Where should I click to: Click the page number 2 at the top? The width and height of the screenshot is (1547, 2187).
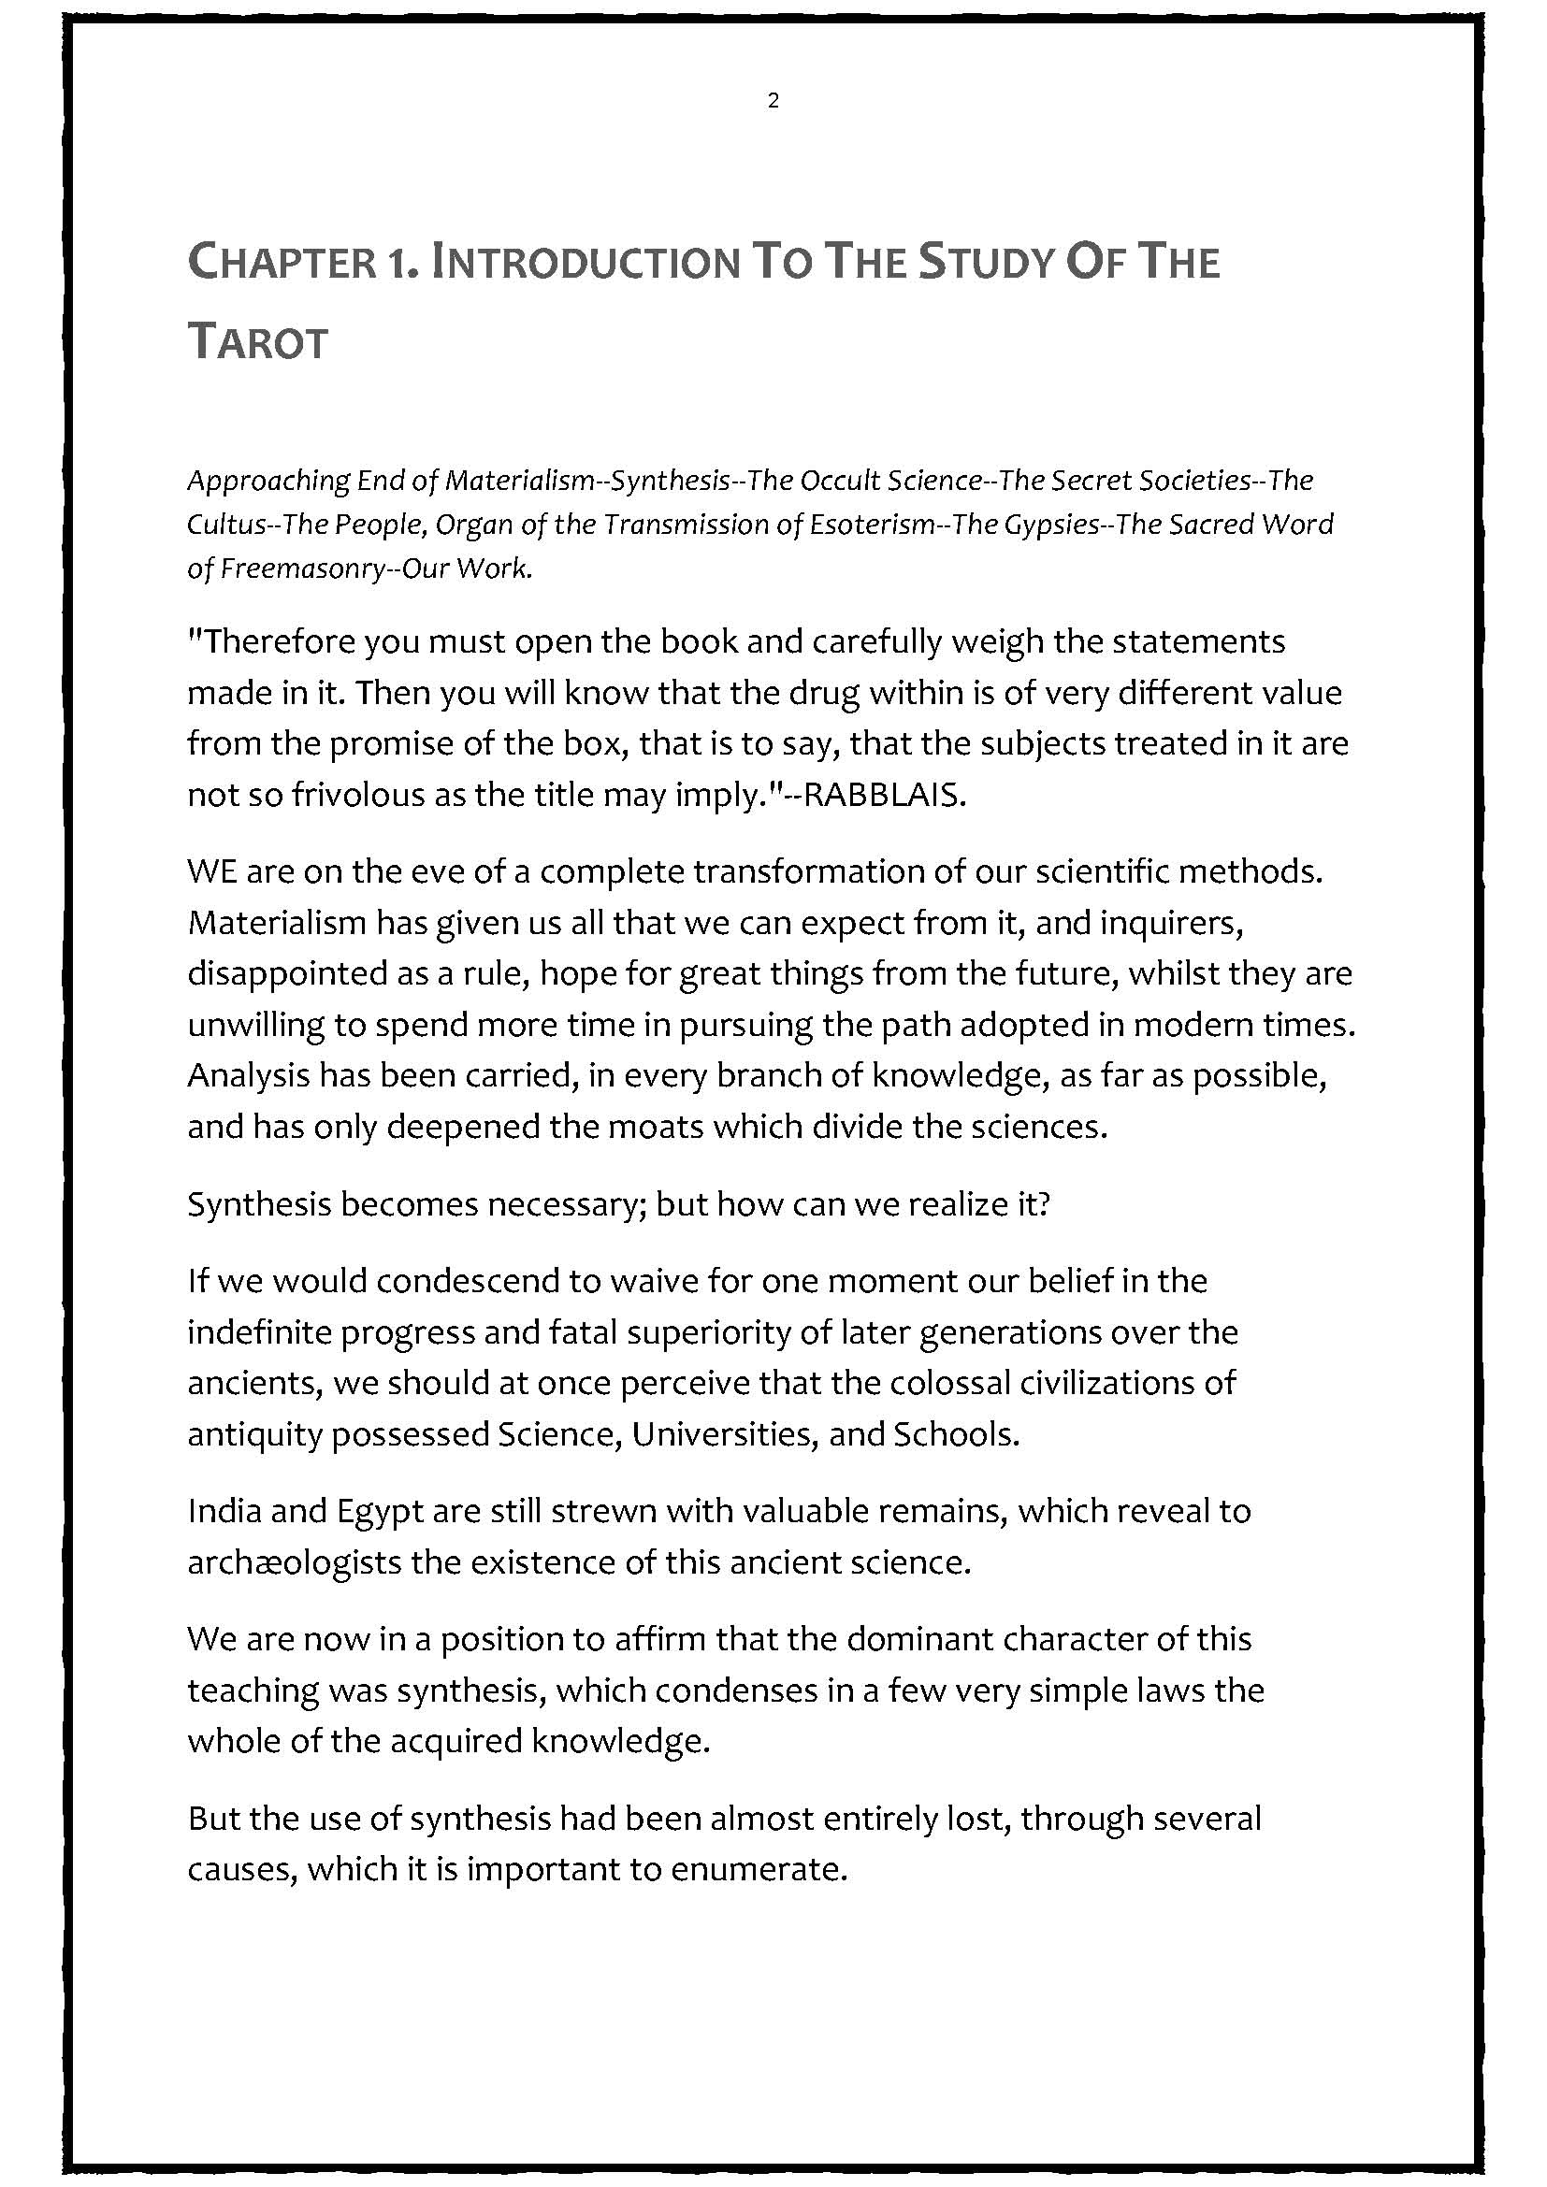point(773,101)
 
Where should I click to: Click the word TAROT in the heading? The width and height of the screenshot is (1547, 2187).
point(258,342)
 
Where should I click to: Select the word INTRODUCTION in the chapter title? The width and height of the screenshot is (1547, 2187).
point(585,263)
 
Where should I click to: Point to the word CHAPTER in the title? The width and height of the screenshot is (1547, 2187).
point(282,263)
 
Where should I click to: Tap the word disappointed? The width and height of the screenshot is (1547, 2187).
point(275,974)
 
